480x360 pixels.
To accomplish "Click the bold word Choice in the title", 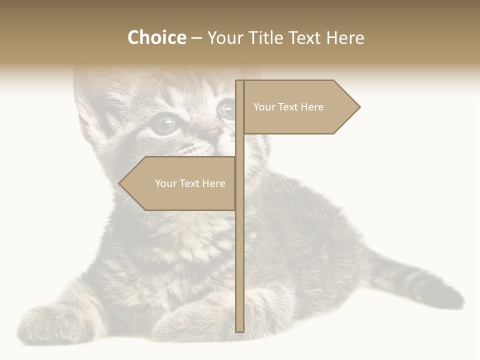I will pyautogui.click(x=156, y=38).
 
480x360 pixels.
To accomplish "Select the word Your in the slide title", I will pyautogui.click(x=225, y=38).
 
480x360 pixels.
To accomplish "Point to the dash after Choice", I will pyautogui.click(x=196, y=38).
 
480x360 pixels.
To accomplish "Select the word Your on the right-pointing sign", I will pyautogui.click(x=263, y=107).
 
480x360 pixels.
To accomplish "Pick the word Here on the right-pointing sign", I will pyautogui.click(x=312, y=107).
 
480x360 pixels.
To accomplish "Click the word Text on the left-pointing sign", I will pyautogui.click(x=189, y=183).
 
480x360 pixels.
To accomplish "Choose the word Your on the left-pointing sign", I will pyautogui.click(x=165, y=183).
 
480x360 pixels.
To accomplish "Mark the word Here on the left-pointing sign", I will pyautogui.click(x=213, y=183).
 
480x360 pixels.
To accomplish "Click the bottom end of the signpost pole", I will pyautogui.click(x=240, y=330).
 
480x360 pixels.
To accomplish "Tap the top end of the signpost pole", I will pyautogui.click(x=239, y=81).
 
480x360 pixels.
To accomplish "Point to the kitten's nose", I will pyautogui.click(x=212, y=132).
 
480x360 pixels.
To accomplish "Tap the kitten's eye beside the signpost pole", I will pyautogui.click(x=226, y=109).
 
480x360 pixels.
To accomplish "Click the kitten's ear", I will pyautogui.click(x=92, y=107).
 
